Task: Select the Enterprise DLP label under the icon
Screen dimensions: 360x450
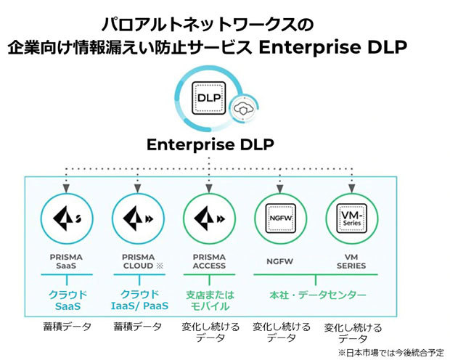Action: (210, 144)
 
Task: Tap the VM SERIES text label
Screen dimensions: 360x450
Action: (351, 261)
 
